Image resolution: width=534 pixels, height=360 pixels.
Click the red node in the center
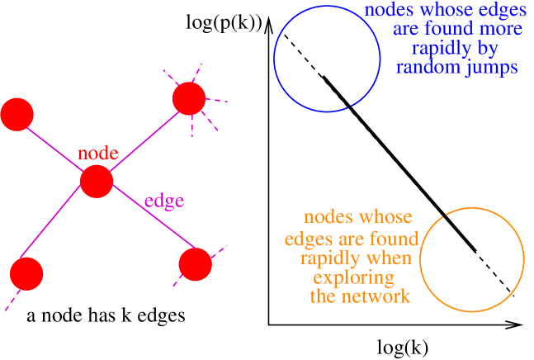click(x=97, y=182)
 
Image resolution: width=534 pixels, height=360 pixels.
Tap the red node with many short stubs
click(x=188, y=99)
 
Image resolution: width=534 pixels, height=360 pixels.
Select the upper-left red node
click(x=17, y=114)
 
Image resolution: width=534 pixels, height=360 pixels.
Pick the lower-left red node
click(x=26, y=273)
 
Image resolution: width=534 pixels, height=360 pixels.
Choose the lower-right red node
click(x=196, y=264)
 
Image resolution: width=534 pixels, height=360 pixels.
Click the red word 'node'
click(x=98, y=154)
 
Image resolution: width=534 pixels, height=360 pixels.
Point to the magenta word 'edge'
click(x=164, y=201)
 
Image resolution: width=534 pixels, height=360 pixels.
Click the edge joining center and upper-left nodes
click(x=56, y=148)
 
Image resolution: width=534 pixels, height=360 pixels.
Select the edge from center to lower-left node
click(x=59, y=230)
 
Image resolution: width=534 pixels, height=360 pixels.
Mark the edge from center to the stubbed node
click(x=142, y=140)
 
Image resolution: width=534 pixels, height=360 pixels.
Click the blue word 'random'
click(x=427, y=68)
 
